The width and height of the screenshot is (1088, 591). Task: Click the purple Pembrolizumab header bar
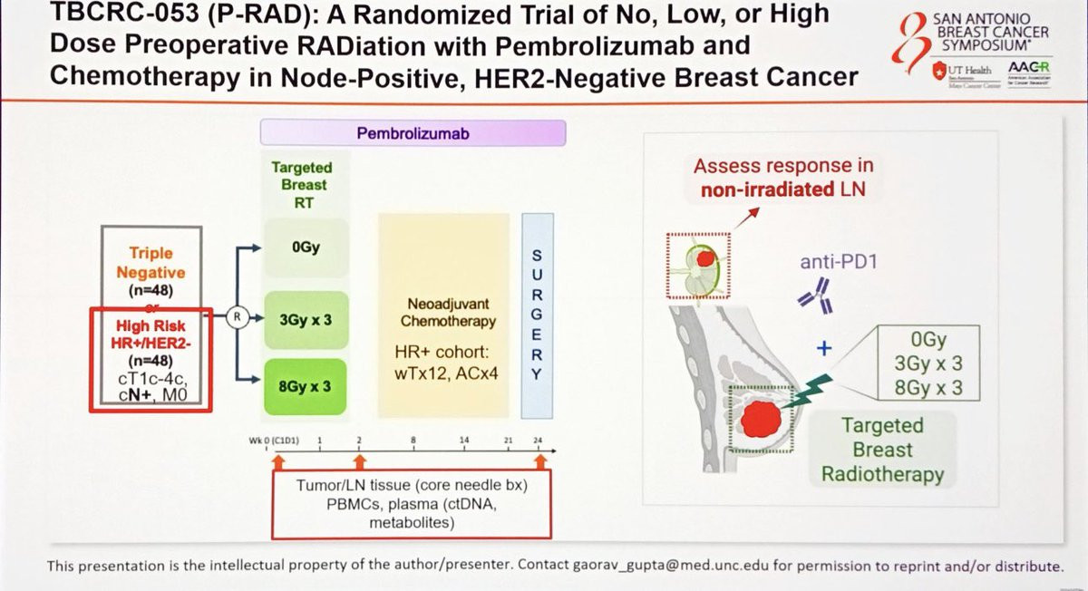413,134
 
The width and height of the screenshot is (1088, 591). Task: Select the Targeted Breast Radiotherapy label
881,450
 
